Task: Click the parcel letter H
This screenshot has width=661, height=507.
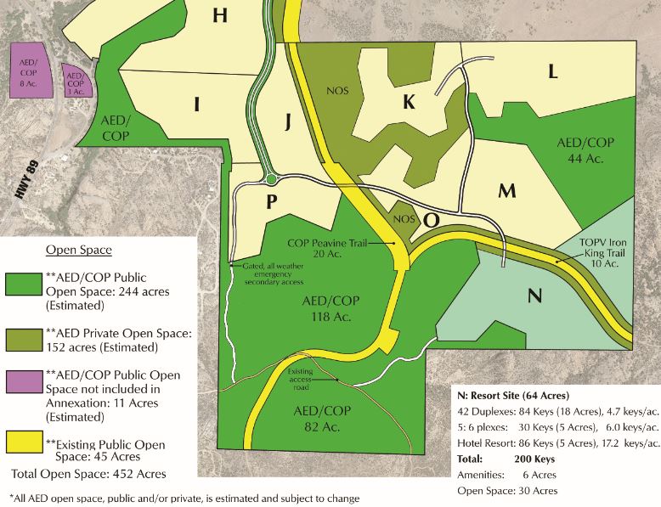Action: tap(221, 15)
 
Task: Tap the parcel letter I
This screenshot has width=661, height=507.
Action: tap(197, 104)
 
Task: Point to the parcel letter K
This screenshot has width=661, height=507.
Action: tap(409, 102)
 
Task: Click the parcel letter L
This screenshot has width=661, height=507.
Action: tap(552, 72)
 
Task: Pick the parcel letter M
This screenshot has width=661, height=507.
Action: tap(507, 190)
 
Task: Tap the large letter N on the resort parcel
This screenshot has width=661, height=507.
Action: tap(534, 296)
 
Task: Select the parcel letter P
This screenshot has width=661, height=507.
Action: tap(272, 201)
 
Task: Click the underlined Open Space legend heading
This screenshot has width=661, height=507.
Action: tap(78, 251)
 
